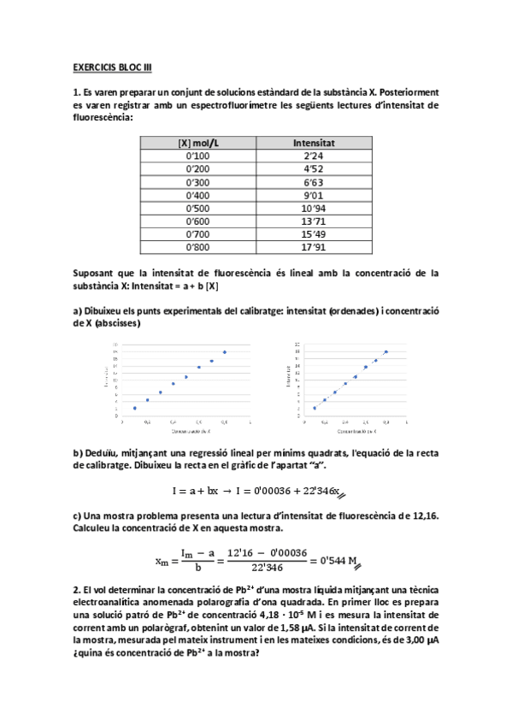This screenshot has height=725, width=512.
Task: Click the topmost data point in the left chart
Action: pos(225,351)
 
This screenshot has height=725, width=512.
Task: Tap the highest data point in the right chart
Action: pos(386,351)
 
